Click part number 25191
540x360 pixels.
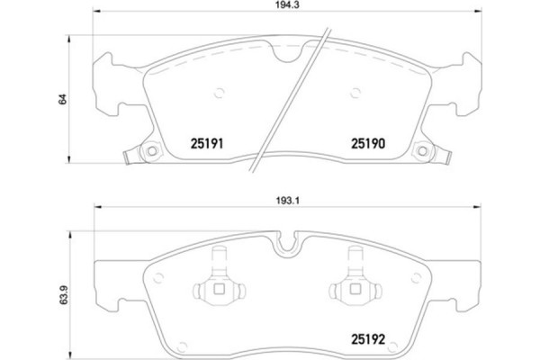tap(206, 142)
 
